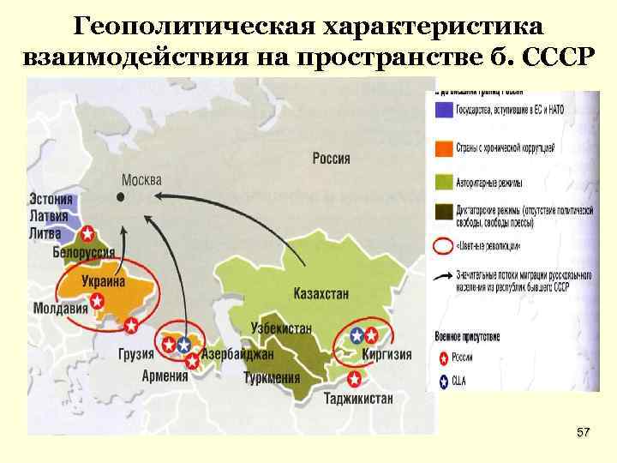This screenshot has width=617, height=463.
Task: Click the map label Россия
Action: pos(331,158)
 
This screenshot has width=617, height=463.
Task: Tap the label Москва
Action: pos(141,180)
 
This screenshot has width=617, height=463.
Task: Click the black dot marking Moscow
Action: pos(121,195)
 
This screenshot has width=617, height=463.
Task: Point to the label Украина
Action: pos(103,281)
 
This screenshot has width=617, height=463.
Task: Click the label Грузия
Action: pos(137,354)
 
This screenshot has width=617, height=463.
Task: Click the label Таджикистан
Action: pos(359,398)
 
